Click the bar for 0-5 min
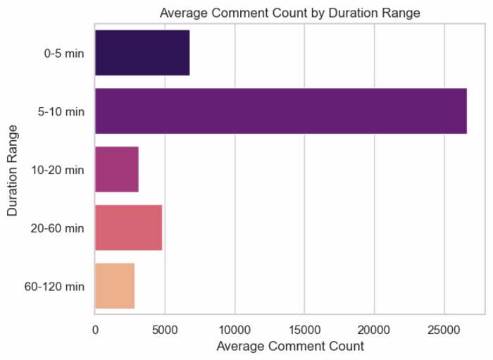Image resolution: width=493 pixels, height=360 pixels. point(142,53)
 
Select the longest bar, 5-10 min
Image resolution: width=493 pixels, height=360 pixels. point(281,111)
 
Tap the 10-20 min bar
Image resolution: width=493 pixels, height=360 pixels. point(117,169)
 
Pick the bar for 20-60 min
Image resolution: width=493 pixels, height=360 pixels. point(128,228)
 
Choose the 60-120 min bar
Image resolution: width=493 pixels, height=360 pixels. point(115,286)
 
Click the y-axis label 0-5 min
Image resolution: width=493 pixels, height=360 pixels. point(64,54)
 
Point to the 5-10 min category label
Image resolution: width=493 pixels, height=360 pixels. point(61,111)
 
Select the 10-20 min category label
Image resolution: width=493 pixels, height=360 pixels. point(58,170)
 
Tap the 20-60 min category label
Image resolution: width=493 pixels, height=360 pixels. point(58,228)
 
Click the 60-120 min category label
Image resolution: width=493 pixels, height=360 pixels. point(54,287)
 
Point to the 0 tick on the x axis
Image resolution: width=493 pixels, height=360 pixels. point(95,330)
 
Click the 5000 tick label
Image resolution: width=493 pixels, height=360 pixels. point(165,330)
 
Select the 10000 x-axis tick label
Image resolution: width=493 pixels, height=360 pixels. point(235,330)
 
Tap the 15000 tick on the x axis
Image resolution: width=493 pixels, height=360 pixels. point(305,330)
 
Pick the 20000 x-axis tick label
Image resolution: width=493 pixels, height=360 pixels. point(375,330)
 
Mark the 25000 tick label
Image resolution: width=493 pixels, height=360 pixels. point(444,330)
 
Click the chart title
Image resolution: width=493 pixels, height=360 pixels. point(290,13)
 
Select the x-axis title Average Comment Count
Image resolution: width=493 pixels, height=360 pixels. point(290,346)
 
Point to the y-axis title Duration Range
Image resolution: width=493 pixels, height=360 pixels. point(13,170)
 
